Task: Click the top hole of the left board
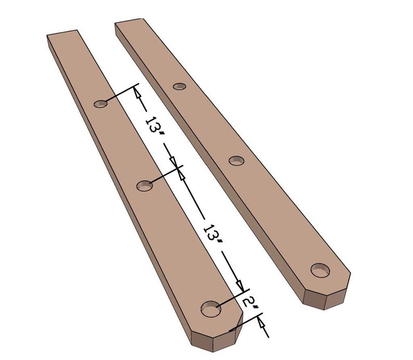[101, 104]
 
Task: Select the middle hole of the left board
[144, 185]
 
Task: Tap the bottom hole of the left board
[211, 308]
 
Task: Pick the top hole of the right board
[179, 86]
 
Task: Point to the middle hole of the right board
[237, 161]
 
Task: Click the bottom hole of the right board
[321, 270]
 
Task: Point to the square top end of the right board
[128, 21]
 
